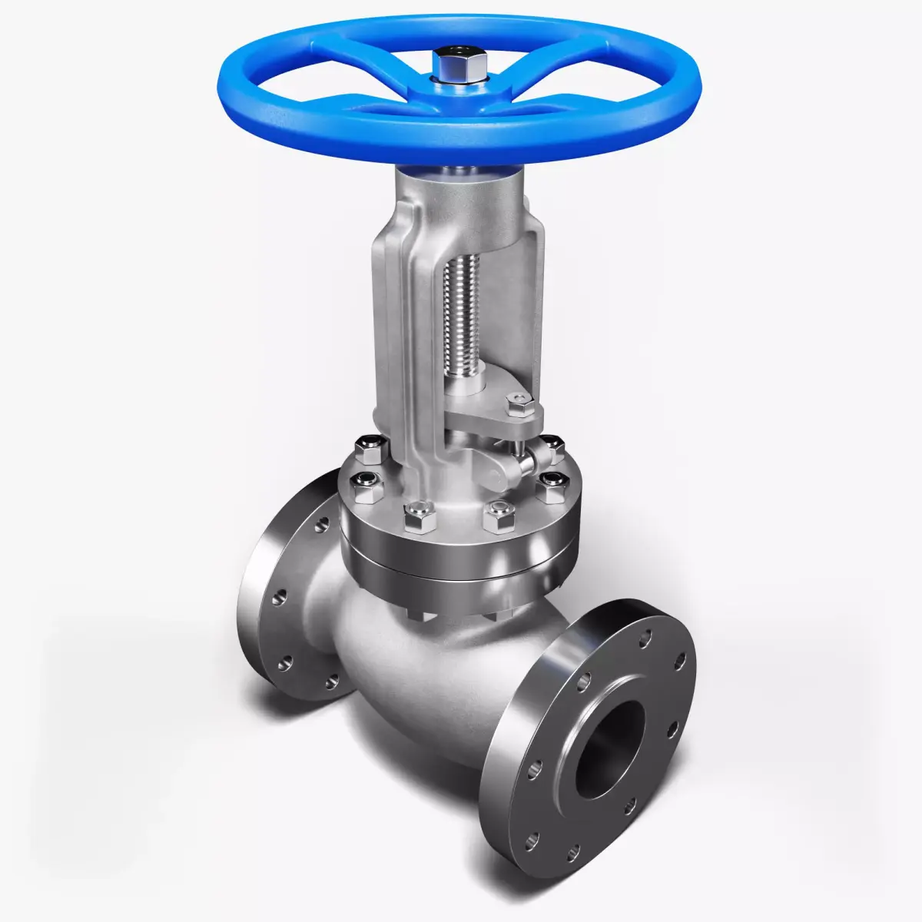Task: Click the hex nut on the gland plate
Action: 520,403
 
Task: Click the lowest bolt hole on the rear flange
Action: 332,681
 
